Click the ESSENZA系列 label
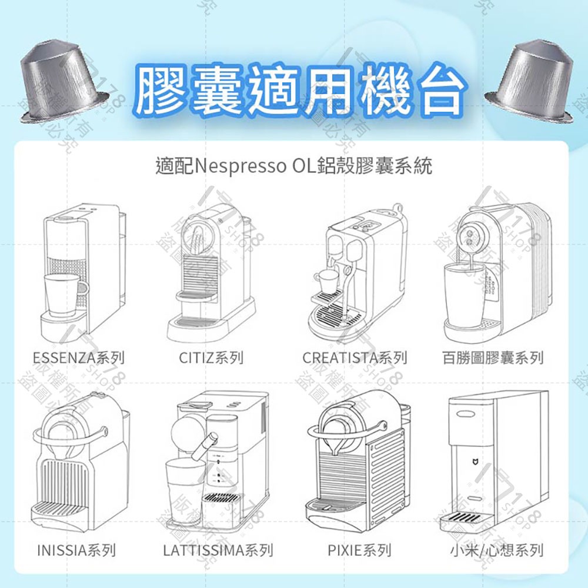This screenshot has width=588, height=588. point(78,358)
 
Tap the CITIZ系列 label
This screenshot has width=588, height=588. point(211,358)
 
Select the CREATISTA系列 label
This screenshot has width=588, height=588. point(355,358)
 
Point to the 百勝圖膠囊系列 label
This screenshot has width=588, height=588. point(493,358)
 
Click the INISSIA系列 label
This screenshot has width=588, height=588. point(76,550)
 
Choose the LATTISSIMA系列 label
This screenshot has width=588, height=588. point(218,550)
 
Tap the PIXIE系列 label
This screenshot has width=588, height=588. point(359,550)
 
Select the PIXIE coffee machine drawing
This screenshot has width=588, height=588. point(356,459)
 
